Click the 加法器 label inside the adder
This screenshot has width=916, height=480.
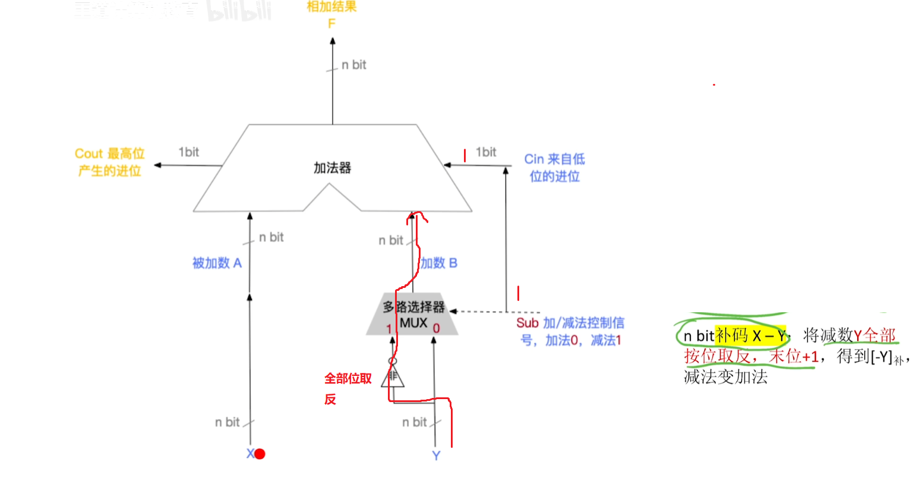coord(332,168)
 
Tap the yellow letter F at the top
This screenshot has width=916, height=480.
coord(331,24)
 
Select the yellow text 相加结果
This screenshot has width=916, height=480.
coord(331,7)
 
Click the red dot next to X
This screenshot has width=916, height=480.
coord(260,454)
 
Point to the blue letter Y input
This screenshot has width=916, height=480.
coord(436,456)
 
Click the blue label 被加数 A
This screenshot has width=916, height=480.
coord(217,263)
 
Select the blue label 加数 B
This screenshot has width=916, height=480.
coord(439,263)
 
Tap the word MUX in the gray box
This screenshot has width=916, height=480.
coord(413,323)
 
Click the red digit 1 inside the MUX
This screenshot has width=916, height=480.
coord(389,329)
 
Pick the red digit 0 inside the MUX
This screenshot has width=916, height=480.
coord(437,328)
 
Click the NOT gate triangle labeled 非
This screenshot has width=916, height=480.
coord(393,376)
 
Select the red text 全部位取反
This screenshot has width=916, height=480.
coord(348,378)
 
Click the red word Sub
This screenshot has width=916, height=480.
coord(527,323)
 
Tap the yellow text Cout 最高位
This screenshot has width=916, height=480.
coord(110,154)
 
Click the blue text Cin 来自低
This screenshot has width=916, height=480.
coord(554,159)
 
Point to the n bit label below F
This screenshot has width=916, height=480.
coord(354,65)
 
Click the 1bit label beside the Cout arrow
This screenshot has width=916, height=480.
coord(189,152)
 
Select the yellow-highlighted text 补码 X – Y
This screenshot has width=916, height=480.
coord(750,336)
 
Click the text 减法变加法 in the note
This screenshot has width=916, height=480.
coord(726,377)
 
